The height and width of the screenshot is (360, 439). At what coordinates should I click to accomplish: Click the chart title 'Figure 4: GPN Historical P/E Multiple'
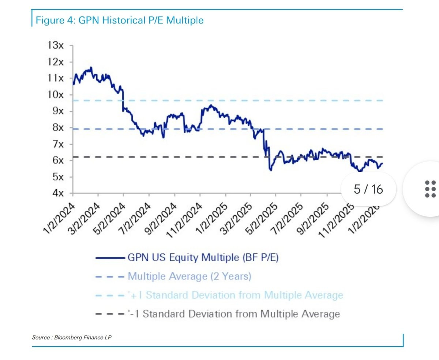click(119, 20)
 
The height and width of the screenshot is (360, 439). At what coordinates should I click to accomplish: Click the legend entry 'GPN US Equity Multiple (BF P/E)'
click(203, 257)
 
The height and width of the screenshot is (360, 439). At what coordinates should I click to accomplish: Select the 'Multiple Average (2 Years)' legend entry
click(190, 276)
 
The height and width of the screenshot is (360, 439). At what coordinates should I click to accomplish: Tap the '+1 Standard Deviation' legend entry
click(236, 295)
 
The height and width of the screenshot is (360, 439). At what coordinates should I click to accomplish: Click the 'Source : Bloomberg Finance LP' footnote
click(72, 337)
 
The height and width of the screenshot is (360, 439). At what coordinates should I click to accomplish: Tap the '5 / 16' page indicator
click(368, 189)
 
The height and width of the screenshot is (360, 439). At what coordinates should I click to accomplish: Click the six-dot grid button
click(430, 189)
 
